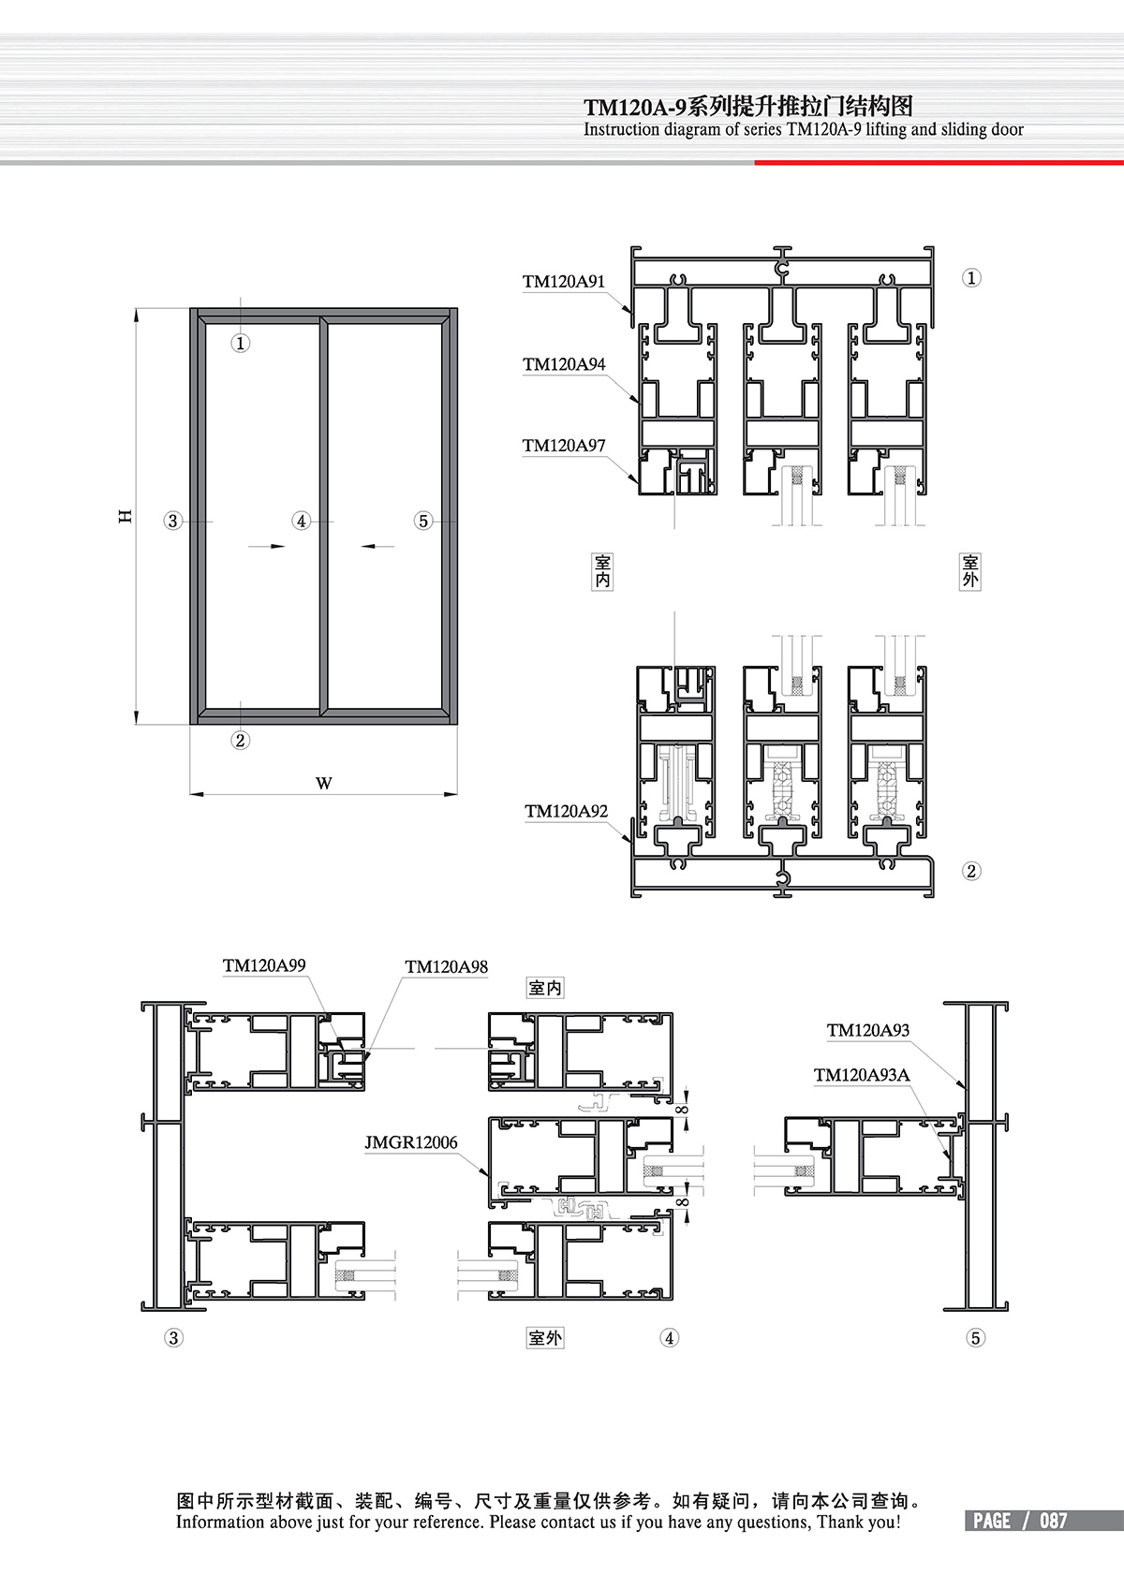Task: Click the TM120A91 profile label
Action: point(564,282)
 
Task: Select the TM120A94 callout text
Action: point(564,364)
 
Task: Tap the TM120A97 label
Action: point(564,446)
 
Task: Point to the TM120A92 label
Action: point(567,812)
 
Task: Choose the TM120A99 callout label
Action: point(264,965)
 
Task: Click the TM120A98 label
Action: point(447,967)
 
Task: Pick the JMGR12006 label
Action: point(411,1142)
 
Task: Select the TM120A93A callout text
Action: point(862,1076)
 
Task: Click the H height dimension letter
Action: point(125,517)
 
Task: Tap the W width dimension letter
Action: point(323,783)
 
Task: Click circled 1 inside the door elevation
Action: point(241,344)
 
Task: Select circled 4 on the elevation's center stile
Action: point(302,522)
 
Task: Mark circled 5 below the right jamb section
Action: point(976,1338)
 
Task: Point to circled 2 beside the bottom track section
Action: point(971,871)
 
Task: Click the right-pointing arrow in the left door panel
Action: point(267,546)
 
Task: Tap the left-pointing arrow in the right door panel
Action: point(377,546)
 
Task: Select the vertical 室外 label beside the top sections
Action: point(970,572)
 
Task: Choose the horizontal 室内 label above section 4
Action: point(545,988)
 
